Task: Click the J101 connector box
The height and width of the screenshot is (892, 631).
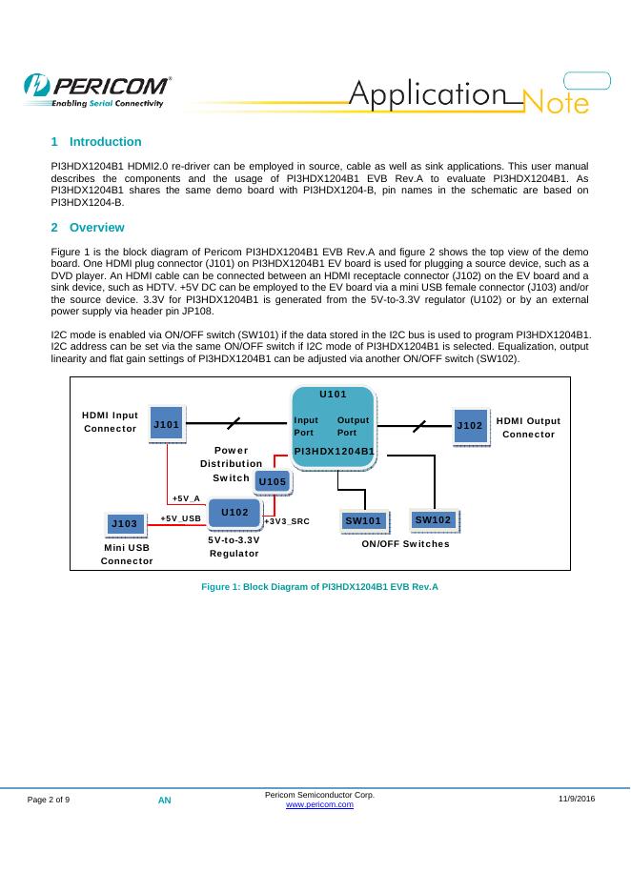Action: (x=167, y=424)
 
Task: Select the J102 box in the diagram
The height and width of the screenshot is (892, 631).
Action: (x=471, y=424)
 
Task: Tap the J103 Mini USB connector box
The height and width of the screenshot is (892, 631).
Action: (x=124, y=523)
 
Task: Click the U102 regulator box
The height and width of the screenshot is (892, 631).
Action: (x=234, y=513)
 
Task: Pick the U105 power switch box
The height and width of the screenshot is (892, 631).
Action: (x=273, y=482)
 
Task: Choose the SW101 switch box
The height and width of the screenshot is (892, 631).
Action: (x=363, y=521)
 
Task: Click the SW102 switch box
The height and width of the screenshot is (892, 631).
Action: (x=433, y=519)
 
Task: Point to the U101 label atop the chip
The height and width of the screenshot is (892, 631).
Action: (x=333, y=394)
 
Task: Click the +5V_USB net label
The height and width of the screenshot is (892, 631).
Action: (x=180, y=518)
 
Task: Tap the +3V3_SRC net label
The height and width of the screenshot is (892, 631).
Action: (x=287, y=521)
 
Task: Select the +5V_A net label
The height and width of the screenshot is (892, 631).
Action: (x=186, y=498)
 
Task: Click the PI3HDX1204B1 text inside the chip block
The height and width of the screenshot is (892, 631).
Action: (x=333, y=450)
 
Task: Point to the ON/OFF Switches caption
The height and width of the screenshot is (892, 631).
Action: (x=405, y=543)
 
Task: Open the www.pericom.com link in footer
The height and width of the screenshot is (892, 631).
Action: (x=320, y=805)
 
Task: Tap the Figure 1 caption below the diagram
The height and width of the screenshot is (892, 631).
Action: (x=319, y=586)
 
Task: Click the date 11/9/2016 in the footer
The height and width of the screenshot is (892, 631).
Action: (x=577, y=797)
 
